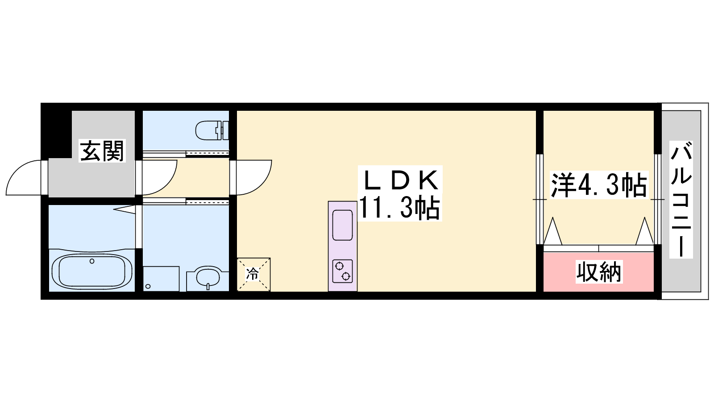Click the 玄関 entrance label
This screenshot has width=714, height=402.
[102, 151]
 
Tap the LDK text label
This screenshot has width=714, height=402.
[400, 181]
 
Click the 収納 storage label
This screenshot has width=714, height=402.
[599, 272]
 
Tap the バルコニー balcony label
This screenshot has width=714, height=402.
[681, 200]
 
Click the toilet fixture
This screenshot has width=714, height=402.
[212, 130]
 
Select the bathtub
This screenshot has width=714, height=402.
[92, 272]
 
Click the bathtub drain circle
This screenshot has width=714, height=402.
[92, 261]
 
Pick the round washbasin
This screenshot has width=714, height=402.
[208, 277]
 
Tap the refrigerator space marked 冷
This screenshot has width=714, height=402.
[254, 274]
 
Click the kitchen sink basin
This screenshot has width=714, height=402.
[343, 225]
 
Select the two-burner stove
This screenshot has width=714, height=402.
[343, 271]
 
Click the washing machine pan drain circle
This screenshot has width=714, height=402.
[148, 286]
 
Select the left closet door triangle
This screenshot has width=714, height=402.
[553, 231]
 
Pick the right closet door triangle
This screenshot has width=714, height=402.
[644, 231]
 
